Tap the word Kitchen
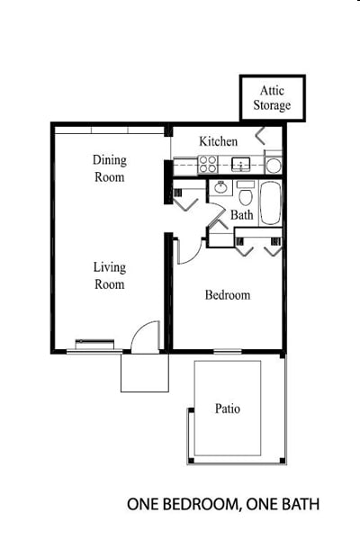coord(218,141)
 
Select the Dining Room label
coord(109,168)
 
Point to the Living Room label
coord(109,275)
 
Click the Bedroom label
coord(227,295)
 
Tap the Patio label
coord(227,409)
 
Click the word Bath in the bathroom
coord(241,215)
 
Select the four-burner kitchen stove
coord(208,165)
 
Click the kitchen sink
coord(240,165)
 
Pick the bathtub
coord(271,203)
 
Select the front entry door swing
coord(144,337)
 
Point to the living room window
coord(94,342)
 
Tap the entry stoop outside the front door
coord(144,373)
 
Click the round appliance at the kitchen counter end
coord(273,166)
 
